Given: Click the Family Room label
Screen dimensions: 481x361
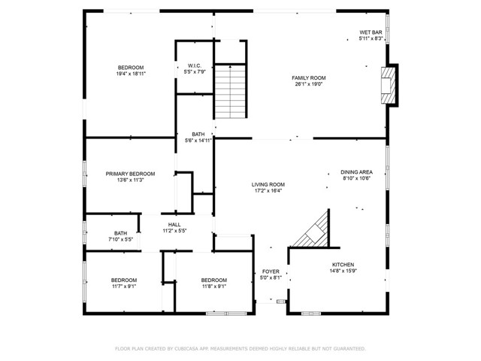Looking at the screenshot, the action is pyautogui.click(x=309, y=78).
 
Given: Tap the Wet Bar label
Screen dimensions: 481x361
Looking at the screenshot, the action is pyautogui.click(x=371, y=32).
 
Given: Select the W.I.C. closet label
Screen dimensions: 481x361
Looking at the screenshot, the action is pyautogui.click(x=195, y=65).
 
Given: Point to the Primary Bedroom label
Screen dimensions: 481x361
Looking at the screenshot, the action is pyautogui.click(x=130, y=174).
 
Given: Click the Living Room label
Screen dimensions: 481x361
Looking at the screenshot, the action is pyautogui.click(x=268, y=184).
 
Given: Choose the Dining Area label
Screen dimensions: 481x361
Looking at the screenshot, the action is pyautogui.click(x=356, y=172).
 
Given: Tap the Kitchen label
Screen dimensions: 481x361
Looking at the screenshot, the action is pyautogui.click(x=343, y=265).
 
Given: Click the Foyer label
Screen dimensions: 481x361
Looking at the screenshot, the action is pyautogui.click(x=271, y=272).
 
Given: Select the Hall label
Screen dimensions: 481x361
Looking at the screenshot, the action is pyautogui.click(x=174, y=225).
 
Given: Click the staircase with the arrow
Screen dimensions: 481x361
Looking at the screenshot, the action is pyautogui.click(x=231, y=92).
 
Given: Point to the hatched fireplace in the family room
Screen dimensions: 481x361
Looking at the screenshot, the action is pyautogui.click(x=389, y=85).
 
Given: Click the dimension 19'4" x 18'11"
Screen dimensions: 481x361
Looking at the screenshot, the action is pyautogui.click(x=131, y=74).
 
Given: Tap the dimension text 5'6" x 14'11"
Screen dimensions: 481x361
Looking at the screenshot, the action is pyautogui.click(x=198, y=141).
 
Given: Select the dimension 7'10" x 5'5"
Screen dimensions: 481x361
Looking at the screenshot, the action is pyautogui.click(x=120, y=239).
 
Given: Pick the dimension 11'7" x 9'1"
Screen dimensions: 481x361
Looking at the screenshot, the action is pyautogui.click(x=124, y=287).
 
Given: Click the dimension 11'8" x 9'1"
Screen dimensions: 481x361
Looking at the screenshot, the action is pyautogui.click(x=213, y=287).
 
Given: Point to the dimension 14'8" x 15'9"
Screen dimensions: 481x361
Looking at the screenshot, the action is pyautogui.click(x=343, y=271).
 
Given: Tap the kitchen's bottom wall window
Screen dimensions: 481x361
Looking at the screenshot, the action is pyautogui.click(x=311, y=314).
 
